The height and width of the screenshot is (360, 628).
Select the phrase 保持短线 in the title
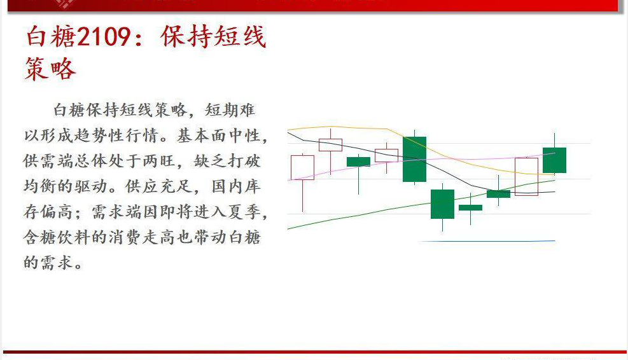214,38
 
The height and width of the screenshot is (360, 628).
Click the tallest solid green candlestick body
414,159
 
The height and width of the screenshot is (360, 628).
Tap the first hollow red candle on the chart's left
302,167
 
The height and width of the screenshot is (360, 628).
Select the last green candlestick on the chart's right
554,160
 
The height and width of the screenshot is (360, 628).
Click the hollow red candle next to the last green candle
526,176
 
